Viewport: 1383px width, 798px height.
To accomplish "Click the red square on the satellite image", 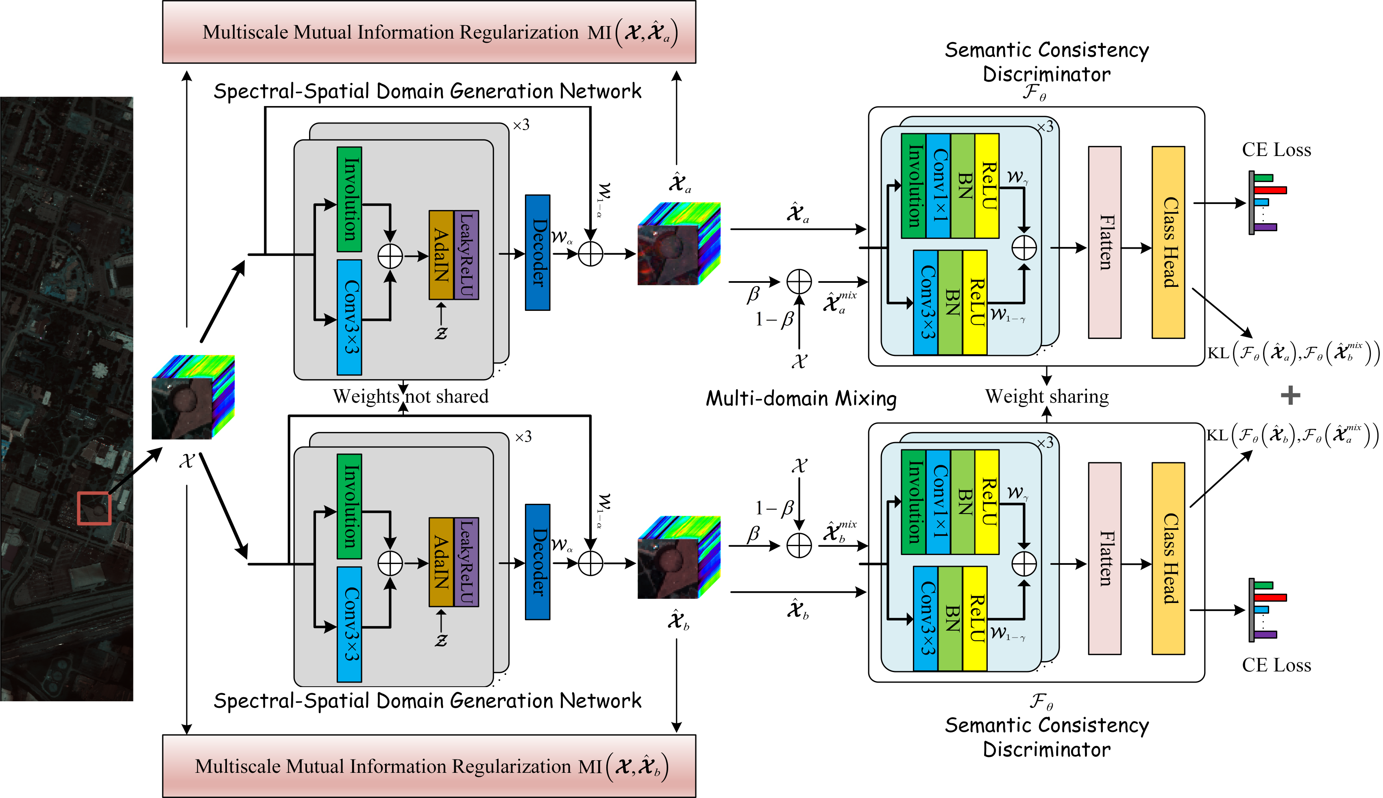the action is pyautogui.click(x=94, y=508).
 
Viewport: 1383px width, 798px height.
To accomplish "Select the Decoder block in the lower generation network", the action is pyautogui.click(x=538, y=562).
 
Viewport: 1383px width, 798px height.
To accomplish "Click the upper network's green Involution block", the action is pyautogui.click(x=349, y=199).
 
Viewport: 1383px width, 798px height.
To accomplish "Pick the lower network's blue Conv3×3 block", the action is pyautogui.click(x=349, y=624).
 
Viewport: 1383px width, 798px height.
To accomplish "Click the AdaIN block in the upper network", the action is pyautogui.click(x=442, y=255).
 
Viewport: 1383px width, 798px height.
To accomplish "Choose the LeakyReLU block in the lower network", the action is pyautogui.click(x=467, y=562).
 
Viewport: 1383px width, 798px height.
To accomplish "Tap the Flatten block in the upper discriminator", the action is pyautogui.click(x=1104, y=242).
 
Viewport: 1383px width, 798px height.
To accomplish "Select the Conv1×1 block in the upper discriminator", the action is pyautogui.click(x=938, y=186).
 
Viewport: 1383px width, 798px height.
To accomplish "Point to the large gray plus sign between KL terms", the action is pyautogui.click(x=1290, y=395).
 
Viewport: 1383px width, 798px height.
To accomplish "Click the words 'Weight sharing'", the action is pyautogui.click(x=1047, y=396).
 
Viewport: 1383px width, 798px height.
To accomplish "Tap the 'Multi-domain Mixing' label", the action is pyautogui.click(x=801, y=399).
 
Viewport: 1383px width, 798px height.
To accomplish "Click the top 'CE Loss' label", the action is pyautogui.click(x=1276, y=150).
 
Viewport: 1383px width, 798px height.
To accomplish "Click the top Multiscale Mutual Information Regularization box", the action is pyautogui.click(x=429, y=32).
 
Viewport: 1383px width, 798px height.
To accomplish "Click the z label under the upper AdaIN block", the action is pyautogui.click(x=441, y=333).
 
